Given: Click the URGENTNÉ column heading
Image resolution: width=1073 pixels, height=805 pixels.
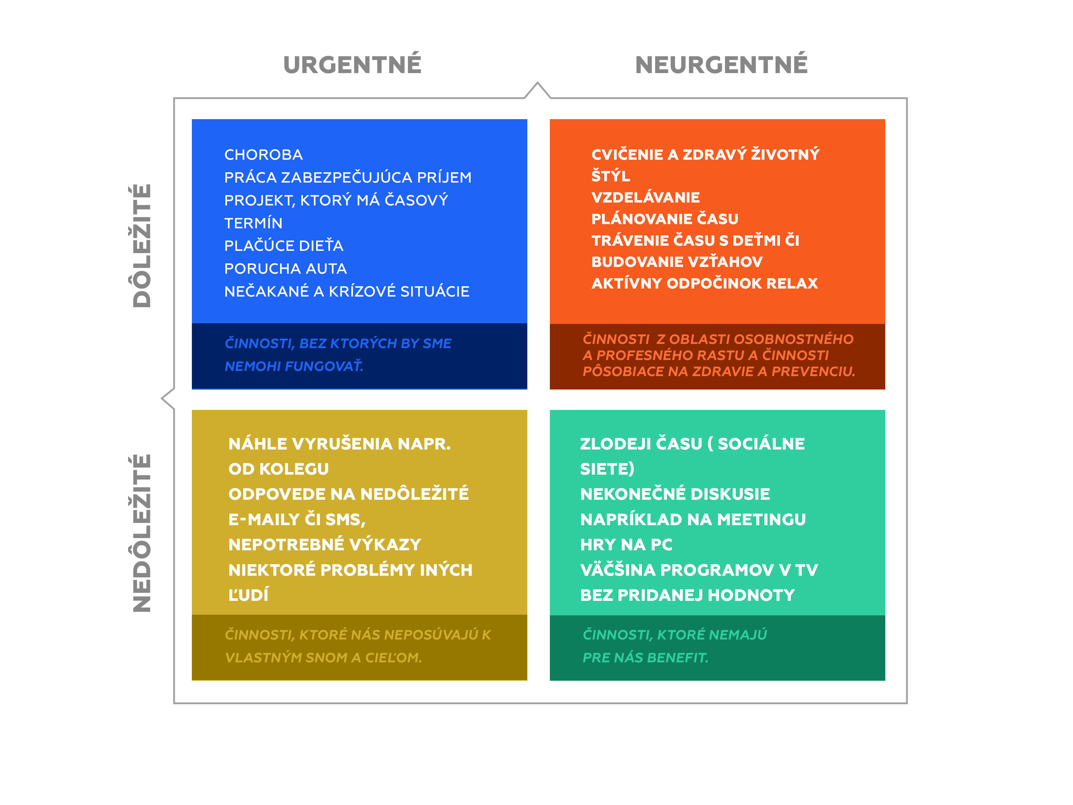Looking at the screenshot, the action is tap(352, 64).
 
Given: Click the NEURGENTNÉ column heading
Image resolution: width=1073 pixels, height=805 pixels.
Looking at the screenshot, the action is tap(721, 64).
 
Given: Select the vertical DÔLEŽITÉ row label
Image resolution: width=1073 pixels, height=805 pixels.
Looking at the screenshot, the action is tap(142, 246).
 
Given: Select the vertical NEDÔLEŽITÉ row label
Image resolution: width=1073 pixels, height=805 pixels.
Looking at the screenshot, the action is tap(142, 533).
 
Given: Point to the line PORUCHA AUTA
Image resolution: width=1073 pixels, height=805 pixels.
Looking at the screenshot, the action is tap(285, 268).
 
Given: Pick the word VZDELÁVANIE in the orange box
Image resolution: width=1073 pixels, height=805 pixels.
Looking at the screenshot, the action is tap(645, 197).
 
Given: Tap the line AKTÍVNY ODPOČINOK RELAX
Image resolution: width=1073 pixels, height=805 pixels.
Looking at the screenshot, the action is tap(704, 283).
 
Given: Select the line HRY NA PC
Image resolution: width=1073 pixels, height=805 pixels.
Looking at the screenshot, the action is tap(626, 545).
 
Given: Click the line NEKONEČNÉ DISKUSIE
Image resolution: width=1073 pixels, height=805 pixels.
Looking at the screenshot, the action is tap(675, 494).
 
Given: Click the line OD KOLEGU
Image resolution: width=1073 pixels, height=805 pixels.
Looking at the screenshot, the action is tap(278, 469).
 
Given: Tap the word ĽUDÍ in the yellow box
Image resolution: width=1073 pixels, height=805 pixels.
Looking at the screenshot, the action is tap(248, 594).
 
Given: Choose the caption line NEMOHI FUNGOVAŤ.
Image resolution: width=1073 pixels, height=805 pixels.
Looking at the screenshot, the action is tap(294, 366).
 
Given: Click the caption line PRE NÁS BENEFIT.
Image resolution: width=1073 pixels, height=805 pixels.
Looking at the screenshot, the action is tap(645, 658).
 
